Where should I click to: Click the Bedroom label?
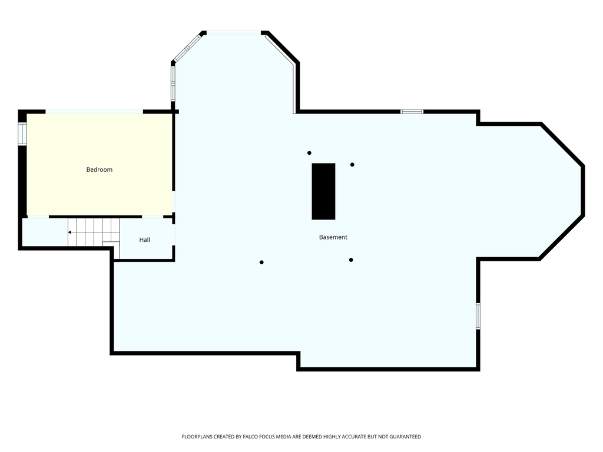99,169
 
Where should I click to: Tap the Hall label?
145,240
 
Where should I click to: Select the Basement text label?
333,237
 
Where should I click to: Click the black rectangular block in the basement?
323,191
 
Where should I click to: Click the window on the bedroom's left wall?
22,134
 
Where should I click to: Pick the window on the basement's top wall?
412,112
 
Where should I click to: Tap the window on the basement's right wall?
478,316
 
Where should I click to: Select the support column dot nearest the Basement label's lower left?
261,262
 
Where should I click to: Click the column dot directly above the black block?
309,153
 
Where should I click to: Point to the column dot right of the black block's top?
352,165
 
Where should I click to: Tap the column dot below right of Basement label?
351,260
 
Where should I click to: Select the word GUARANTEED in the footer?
405,437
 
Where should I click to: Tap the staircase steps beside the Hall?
94,232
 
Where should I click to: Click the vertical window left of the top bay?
173,84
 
